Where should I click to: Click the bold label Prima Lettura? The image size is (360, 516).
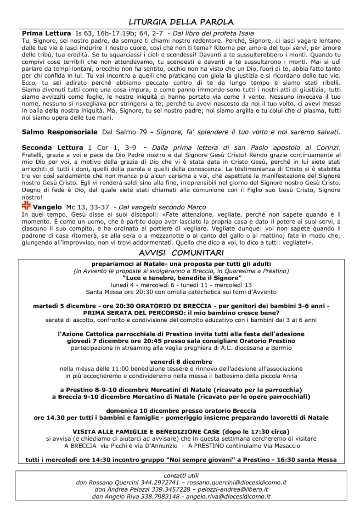tap(46, 34)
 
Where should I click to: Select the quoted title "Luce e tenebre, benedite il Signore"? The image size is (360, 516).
tap(181, 278)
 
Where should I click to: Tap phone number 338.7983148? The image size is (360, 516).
tap(149, 496)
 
